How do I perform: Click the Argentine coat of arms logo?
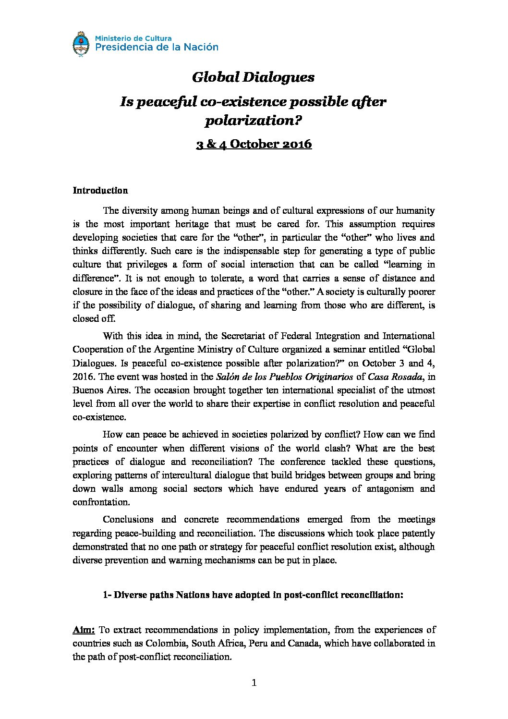[81, 45]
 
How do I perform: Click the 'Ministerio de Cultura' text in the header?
[133, 37]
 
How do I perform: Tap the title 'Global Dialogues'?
[254, 77]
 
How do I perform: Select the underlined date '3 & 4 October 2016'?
[254, 144]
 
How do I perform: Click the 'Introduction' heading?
[100, 190]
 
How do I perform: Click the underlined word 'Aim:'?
[84, 630]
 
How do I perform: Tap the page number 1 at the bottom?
[254, 683]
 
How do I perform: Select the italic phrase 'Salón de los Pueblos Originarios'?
[285, 377]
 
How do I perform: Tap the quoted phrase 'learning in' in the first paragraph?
[407, 264]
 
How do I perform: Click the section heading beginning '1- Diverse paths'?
[253, 595]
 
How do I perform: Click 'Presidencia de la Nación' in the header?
[157, 47]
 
